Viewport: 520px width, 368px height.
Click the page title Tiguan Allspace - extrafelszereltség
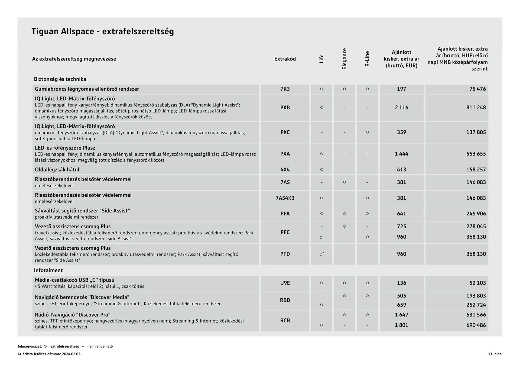point(103,31)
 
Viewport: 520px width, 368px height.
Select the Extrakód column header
point(285,59)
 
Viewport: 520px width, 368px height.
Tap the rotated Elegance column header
point(344,59)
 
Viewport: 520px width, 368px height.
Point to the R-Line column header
point(367,59)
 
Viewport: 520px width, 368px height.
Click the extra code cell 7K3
point(285,89)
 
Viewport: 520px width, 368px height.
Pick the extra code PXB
point(285,108)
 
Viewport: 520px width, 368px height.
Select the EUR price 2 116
point(401,108)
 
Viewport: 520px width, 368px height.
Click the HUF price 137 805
point(476,132)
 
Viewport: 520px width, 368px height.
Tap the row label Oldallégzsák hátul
point(57,170)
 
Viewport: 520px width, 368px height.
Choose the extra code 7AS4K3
point(285,198)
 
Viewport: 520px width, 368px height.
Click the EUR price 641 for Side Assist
point(401,214)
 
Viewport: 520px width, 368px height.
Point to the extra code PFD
point(285,254)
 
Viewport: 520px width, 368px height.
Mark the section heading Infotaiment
point(48,270)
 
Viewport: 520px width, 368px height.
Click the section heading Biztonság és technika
point(60,79)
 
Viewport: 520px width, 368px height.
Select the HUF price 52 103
point(477,283)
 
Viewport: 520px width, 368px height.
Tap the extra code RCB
point(285,320)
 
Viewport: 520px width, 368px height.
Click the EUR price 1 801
point(401,325)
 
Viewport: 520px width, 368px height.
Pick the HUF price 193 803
point(476,296)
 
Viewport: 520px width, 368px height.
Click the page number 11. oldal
point(495,354)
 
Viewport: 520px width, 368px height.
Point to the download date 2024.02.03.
point(71,354)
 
